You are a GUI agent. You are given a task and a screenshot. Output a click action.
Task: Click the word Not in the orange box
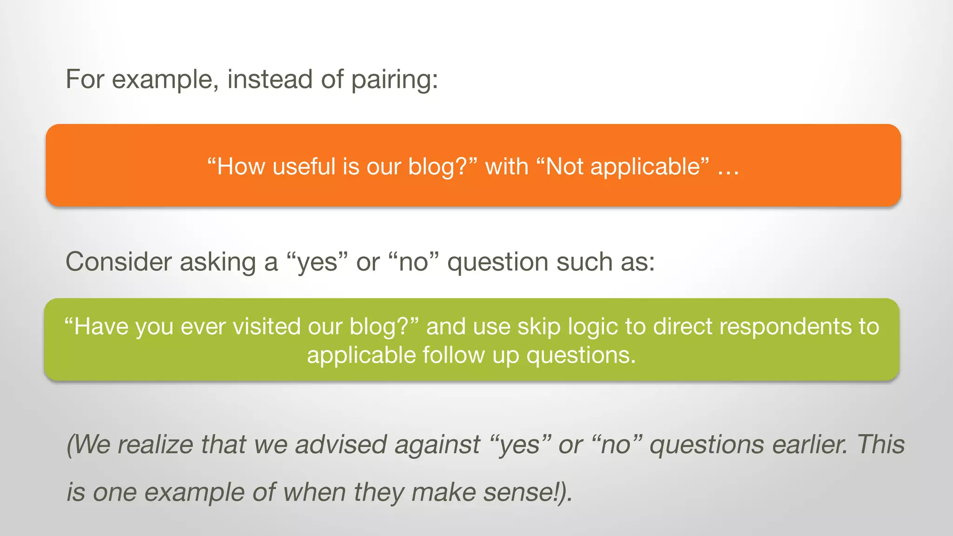564,167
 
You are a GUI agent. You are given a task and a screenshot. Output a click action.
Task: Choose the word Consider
119,262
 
